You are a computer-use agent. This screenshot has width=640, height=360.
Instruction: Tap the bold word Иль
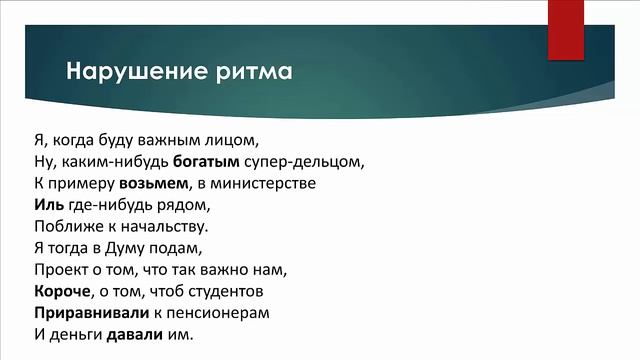coord(48,206)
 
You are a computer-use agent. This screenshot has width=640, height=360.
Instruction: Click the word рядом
coord(186,206)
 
